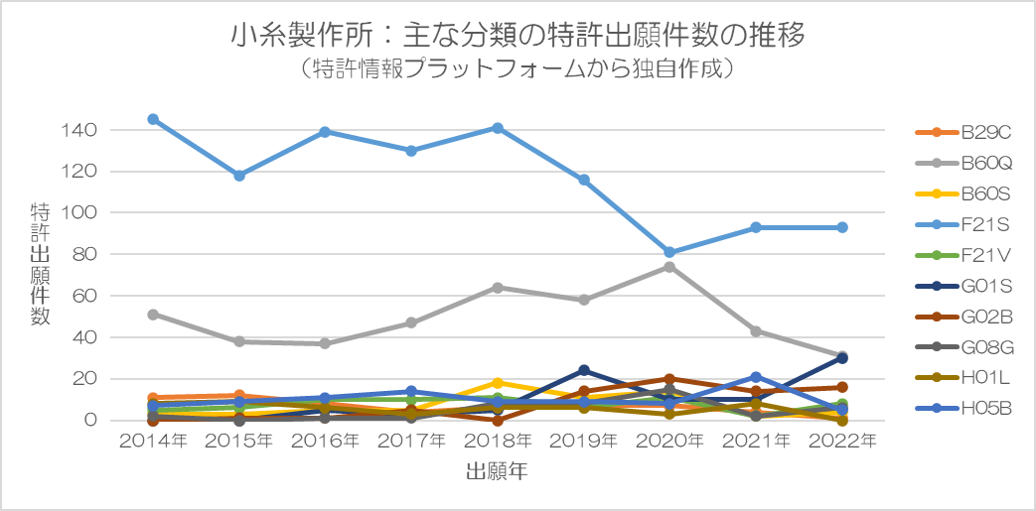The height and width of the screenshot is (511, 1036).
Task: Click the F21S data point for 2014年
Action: [153, 119]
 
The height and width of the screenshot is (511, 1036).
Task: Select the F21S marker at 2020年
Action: [669, 252]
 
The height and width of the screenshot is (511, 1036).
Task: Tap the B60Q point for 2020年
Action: [669, 267]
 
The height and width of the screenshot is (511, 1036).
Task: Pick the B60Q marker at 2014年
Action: [153, 314]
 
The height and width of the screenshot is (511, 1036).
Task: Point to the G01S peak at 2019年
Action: [584, 371]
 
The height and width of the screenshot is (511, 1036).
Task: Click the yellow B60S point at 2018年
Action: [498, 382]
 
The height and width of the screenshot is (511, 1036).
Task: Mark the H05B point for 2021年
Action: [756, 377]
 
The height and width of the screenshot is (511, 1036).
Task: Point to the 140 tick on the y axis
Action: [82, 130]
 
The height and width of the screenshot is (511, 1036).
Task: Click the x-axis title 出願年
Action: [497, 472]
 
